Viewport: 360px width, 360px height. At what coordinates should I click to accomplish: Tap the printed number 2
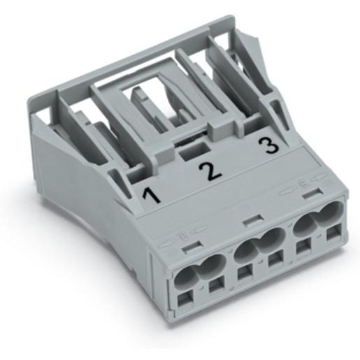(x=210, y=172)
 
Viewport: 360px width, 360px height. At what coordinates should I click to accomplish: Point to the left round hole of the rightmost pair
(x=303, y=224)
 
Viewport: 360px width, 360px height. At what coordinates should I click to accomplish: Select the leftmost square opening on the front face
(x=186, y=299)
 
